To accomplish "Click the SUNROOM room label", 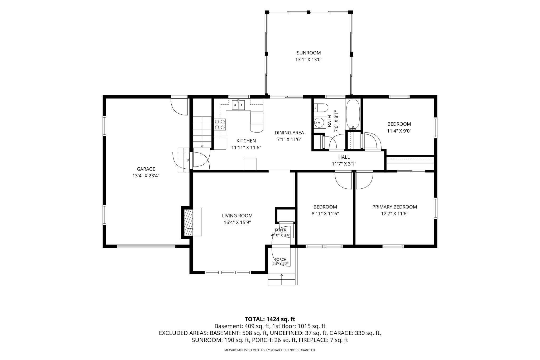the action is tap(308, 53).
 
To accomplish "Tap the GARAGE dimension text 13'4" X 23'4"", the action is tap(146, 176).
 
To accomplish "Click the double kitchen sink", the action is tap(238, 105).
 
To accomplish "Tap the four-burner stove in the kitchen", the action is tap(220, 124).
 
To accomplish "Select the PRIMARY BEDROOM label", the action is tap(394, 207).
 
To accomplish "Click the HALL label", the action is tap(344, 157).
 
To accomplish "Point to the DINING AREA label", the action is tap(289, 133).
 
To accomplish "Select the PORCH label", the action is tap(281, 260).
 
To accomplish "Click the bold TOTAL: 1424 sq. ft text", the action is tap(270, 319).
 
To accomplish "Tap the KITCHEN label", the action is tap(246, 141).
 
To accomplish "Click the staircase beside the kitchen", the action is tap(202, 132).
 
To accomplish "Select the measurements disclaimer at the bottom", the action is tap(270, 350).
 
